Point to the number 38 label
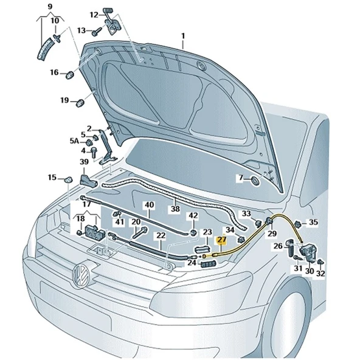[x=175, y=209]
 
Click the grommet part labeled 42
[x=193, y=232]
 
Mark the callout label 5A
[x=74, y=141]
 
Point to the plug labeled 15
[x=69, y=179]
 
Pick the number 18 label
[x=80, y=218]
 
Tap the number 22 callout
[x=160, y=235]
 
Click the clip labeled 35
[x=299, y=223]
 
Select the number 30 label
[x=310, y=271]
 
